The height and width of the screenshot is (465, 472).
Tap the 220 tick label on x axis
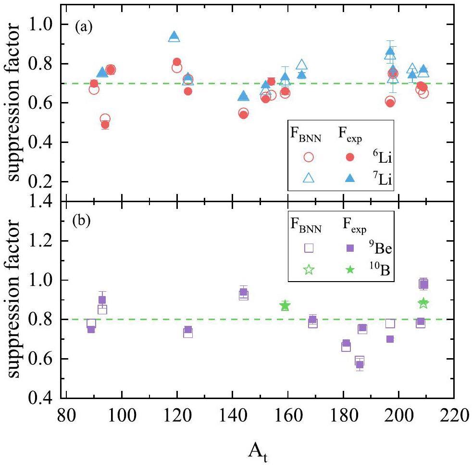point(454,416)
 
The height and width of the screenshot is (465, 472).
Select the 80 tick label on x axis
point(66,416)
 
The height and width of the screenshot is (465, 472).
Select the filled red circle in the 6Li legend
point(350,157)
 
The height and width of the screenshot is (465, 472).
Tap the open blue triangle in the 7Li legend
point(309,179)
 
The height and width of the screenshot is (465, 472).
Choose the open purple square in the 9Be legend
point(309,248)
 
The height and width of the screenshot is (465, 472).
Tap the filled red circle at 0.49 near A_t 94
point(105,125)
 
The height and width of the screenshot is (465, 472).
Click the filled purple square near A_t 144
point(243,292)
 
